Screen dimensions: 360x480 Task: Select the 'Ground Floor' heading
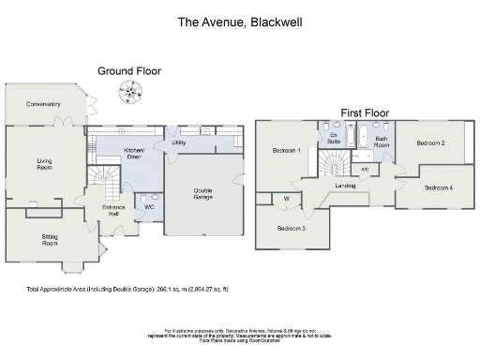pos(130,70)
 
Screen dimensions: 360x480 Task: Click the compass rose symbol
pos(128,91)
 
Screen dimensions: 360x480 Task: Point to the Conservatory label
pos(43,104)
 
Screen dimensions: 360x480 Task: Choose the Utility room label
pos(179,142)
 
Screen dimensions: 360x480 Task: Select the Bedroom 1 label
pos(286,150)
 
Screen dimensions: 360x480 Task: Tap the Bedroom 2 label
pos(429,142)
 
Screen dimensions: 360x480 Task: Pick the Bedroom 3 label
pos(291,228)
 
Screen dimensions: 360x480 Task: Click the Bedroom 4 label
pos(438,187)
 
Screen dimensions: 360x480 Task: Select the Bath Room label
pos(381,142)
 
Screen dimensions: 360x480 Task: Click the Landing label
pos(345,186)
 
